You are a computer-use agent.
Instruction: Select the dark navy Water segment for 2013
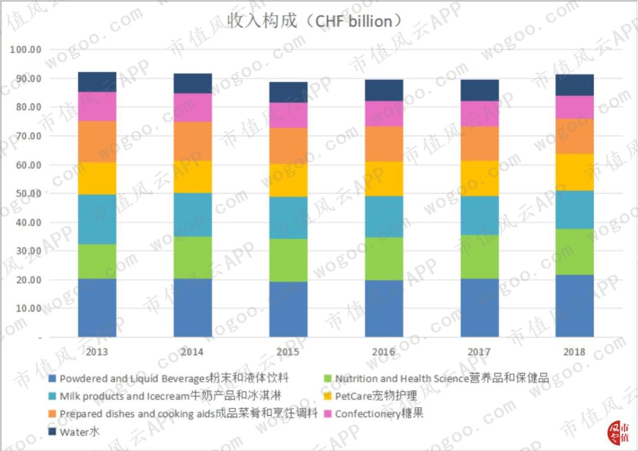(x=97, y=82)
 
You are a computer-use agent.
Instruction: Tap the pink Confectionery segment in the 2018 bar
(x=574, y=107)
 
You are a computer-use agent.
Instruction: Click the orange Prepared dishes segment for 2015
(x=288, y=145)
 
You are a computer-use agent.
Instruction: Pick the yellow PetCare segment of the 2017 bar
(x=479, y=178)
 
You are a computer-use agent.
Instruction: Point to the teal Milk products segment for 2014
(x=193, y=215)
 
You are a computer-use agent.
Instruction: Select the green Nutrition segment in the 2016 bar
(x=383, y=258)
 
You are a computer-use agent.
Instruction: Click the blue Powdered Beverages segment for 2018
(x=574, y=306)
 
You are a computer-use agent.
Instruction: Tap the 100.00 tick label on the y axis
(x=25, y=50)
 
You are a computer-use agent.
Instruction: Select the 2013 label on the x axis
(x=97, y=352)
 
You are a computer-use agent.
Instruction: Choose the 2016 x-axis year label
(x=383, y=352)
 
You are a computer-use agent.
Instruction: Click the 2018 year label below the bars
(x=574, y=352)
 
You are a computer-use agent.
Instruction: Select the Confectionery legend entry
(x=379, y=414)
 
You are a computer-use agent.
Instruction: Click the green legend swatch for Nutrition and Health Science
(x=328, y=379)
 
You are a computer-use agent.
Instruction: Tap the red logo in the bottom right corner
(x=619, y=432)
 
